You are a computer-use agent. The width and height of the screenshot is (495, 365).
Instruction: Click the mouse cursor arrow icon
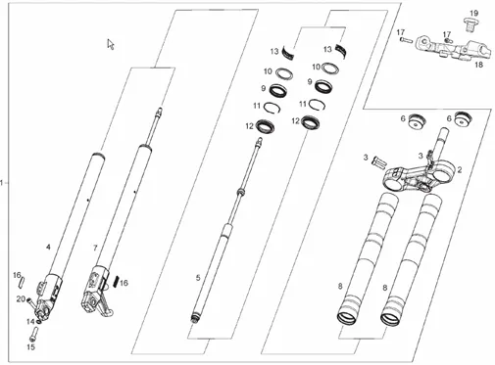[x=111, y=44]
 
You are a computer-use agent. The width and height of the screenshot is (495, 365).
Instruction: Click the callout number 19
[x=473, y=14]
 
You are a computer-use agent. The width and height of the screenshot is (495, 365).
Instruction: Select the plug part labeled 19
[x=471, y=25]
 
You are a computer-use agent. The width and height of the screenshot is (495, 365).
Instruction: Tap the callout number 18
[x=478, y=65]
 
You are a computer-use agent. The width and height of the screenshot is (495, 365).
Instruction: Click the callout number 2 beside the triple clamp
[x=460, y=169]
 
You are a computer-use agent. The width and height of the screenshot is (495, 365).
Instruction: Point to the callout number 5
[x=198, y=278]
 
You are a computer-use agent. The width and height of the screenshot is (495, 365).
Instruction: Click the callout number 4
[x=48, y=247]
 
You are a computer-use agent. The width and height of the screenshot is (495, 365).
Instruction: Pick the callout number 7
[x=95, y=248]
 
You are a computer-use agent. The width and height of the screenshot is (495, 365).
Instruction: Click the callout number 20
[x=21, y=298]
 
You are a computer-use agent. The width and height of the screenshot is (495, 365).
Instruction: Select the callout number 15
[x=30, y=347]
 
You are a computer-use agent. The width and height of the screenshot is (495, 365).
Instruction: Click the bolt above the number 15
[x=33, y=333]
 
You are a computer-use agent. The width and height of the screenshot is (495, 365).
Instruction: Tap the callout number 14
[x=30, y=322]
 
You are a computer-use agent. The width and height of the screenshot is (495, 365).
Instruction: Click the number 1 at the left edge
[x=2, y=183]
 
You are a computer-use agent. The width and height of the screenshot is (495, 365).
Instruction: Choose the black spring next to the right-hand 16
[x=116, y=281]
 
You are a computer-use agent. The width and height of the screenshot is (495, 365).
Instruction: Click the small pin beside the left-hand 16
[x=22, y=282]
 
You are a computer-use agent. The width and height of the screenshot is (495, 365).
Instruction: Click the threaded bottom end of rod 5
[x=195, y=319]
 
